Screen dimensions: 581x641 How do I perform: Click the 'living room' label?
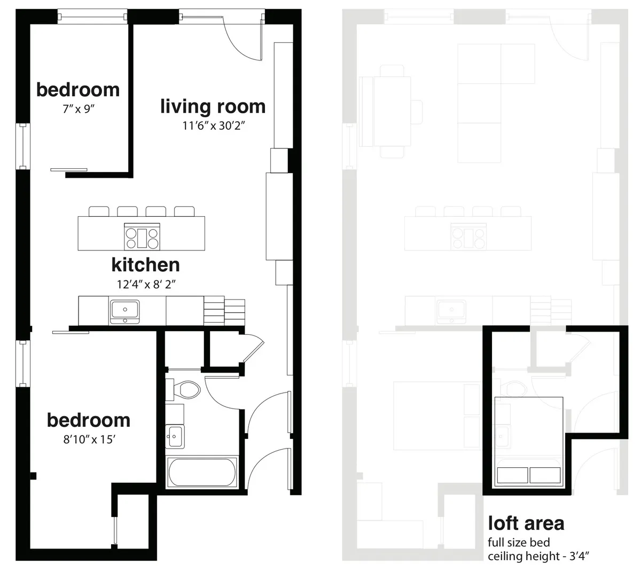tap(213, 106)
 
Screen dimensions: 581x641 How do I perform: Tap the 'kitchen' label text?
tap(145, 264)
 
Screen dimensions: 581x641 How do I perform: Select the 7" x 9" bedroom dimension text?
tap(79, 109)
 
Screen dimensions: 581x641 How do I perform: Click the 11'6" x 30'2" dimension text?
tap(213, 126)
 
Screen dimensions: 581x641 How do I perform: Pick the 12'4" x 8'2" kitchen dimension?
tap(146, 284)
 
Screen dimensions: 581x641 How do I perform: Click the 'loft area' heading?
tap(526, 523)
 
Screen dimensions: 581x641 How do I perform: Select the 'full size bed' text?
tap(518, 543)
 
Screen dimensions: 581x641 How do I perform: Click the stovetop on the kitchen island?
tap(142, 237)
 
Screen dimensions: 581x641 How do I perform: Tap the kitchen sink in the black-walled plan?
tap(124, 310)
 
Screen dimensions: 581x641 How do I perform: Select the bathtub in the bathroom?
tap(201, 472)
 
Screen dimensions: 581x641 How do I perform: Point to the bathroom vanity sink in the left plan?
tap(174, 436)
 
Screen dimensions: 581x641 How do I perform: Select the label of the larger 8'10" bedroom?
tap(89, 420)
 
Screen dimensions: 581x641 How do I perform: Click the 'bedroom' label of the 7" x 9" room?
tap(78, 90)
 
